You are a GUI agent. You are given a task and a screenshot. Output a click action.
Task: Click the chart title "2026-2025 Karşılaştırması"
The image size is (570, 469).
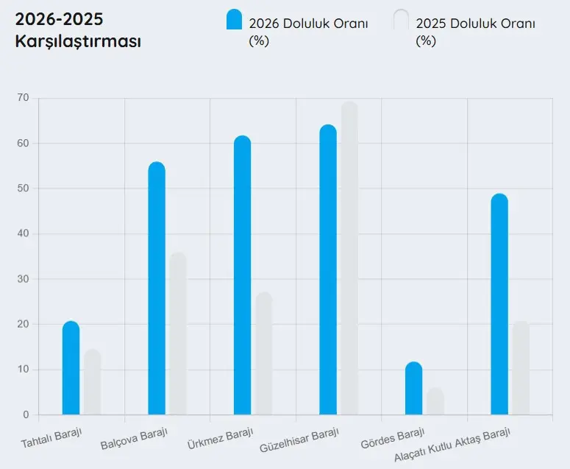point(78,30)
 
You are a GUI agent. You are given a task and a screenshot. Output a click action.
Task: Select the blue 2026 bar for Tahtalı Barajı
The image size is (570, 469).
point(71,368)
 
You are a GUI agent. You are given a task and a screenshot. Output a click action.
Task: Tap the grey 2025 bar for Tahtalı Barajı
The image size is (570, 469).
point(92,382)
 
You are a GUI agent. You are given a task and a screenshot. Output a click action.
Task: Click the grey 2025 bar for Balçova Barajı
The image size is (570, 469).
point(178,334)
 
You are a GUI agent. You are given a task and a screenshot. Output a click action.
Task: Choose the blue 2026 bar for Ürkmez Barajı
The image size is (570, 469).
point(242,276)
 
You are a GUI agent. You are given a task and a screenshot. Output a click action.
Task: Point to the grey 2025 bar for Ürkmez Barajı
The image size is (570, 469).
point(263,353)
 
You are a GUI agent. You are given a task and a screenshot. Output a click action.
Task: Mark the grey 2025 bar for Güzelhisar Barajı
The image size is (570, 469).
point(349,258)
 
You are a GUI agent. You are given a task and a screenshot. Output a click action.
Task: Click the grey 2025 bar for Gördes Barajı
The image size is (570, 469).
point(435,401)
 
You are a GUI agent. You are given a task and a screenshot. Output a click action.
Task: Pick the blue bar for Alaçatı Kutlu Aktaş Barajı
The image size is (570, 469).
point(499,305)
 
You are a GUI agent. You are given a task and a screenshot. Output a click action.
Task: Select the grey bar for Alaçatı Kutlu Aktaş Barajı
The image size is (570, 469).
point(521,368)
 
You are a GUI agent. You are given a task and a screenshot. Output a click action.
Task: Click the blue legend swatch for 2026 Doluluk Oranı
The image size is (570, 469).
point(234,20)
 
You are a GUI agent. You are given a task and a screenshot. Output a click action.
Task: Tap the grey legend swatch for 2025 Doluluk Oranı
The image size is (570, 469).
point(401,20)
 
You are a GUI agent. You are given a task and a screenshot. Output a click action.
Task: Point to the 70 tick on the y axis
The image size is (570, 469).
point(23,98)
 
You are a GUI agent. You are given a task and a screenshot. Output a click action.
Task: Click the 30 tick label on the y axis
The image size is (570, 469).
point(23,279)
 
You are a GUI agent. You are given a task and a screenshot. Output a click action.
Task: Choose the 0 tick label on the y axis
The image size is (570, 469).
point(26,415)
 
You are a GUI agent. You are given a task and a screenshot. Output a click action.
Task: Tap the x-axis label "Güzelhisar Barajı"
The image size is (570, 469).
point(300,440)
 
